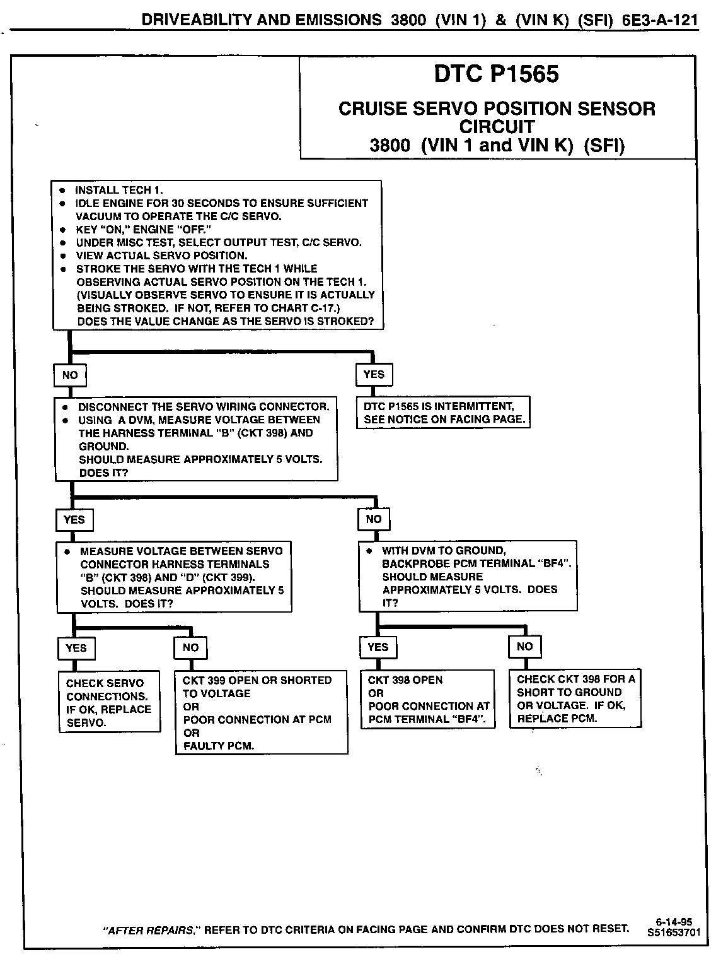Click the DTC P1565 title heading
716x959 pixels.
496,74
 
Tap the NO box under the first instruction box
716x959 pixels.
70,375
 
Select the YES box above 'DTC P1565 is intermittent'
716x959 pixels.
374,375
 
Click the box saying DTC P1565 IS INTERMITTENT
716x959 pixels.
444,413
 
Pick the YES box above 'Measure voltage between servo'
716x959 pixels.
74,520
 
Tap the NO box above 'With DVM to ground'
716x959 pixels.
374,519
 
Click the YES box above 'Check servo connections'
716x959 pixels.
76,648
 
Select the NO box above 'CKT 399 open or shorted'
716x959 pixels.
190,647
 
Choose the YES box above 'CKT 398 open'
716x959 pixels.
378,647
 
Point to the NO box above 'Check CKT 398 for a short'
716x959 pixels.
524,647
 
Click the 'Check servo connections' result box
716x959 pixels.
109,702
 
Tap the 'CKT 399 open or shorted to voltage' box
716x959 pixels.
261,712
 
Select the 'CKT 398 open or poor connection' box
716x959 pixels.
428,700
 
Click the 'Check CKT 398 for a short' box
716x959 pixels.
575,698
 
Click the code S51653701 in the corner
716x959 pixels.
674,931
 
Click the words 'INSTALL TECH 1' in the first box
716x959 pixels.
118,190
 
